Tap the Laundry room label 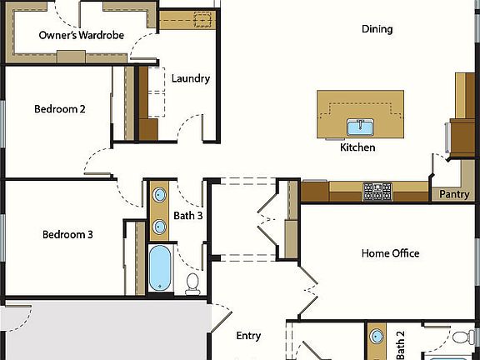(191, 79)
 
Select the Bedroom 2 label (60, 108)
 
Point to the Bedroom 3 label (67, 235)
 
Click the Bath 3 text (188, 216)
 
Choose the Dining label (377, 29)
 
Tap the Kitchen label (357, 147)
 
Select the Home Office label (390, 253)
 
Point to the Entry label (248, 336)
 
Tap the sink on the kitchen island (360, 127)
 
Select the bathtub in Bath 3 (159, 268)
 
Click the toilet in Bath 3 (192, 282)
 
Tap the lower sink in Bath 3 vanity (158, 226)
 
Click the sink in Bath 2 (377, 337)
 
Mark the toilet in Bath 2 (460, 337)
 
